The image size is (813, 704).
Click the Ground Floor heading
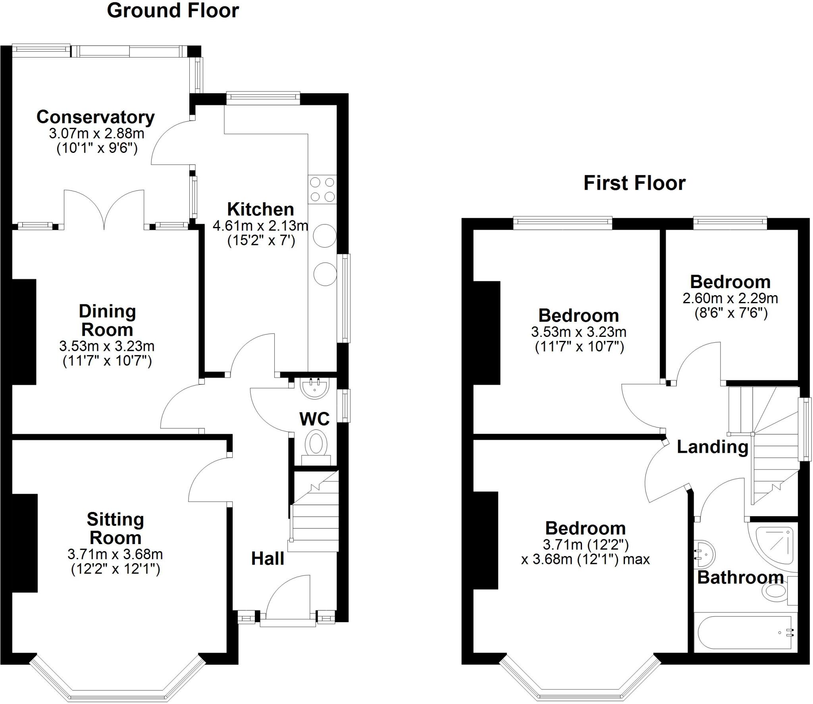click(173, 11)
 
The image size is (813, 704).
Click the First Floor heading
click(634, 183)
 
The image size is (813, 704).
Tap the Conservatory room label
click(95, 117)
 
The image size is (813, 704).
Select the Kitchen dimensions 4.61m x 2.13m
click(260, 226)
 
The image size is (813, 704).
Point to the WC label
click(314, 419)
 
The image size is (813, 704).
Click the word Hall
click(268, 559)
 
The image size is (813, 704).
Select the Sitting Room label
click(115, 529)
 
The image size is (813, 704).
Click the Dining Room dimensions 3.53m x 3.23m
click(107, 346)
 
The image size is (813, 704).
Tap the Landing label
click(712, 447)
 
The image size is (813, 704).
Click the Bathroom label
click(740, 578)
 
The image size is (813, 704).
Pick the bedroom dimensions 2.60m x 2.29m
click(730, 298)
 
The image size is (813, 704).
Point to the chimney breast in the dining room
click(24, 331)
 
